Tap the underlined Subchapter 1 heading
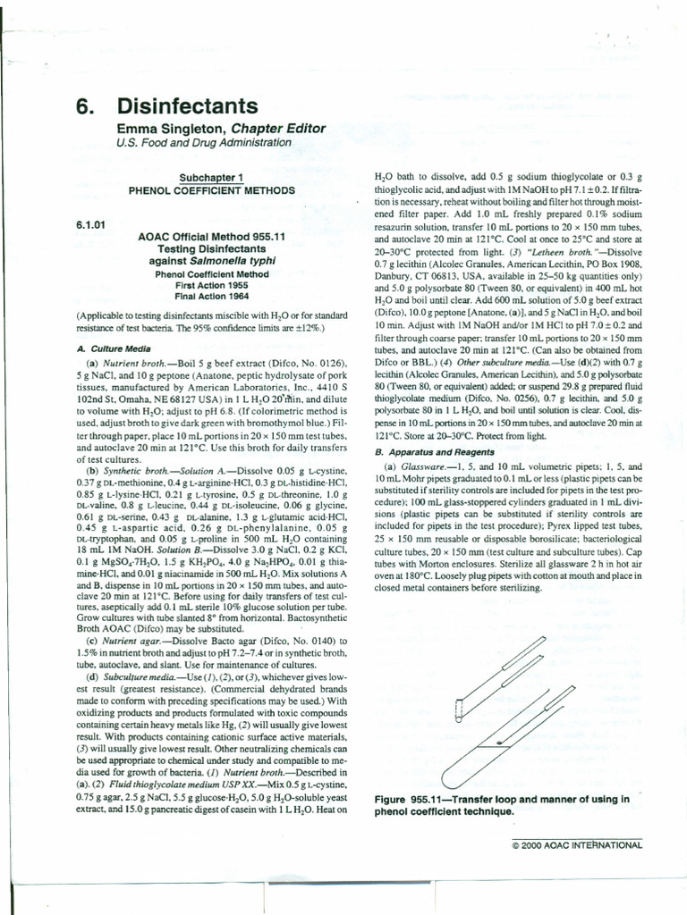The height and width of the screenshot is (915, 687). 211,178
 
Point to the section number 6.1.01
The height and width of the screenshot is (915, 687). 91,224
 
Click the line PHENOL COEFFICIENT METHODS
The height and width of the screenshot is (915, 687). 212,190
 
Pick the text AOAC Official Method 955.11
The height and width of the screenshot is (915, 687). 212,237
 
